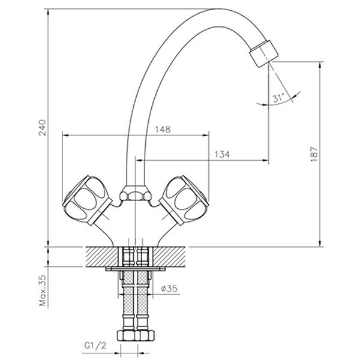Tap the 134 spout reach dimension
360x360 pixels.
(221, 155)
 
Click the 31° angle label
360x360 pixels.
(277, 100)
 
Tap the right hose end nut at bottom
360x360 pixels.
(143, 337)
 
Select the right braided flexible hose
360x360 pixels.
(143, 300)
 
